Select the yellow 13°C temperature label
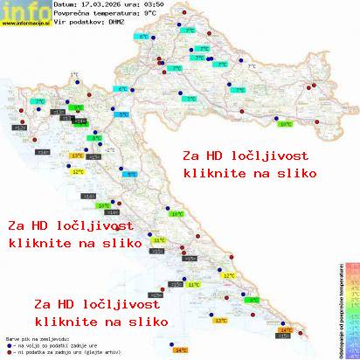point(76,156)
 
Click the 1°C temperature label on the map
point(73,75)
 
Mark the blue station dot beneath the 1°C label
point(78,82)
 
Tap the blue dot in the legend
point(8,342)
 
